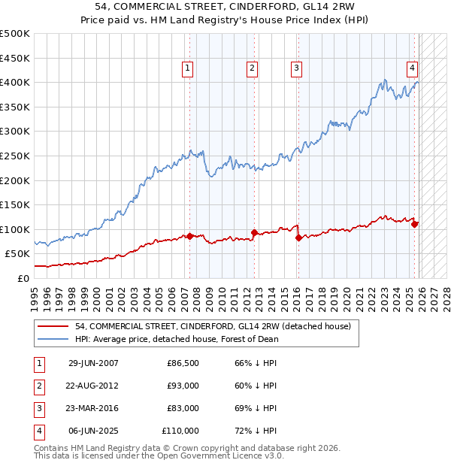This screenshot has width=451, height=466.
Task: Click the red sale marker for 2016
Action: point(298,238)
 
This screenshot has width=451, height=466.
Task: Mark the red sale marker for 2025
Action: point(414,224)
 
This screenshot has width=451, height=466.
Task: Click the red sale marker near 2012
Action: point(254,233)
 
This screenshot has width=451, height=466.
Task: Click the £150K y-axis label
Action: point(15,204)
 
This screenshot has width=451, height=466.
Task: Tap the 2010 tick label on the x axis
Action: point(222,292)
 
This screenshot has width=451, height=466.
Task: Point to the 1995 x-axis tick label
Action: point(35,292)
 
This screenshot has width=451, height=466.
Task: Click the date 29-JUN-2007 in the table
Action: point(93,363)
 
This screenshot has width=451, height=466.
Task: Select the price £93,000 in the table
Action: point(183,386)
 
